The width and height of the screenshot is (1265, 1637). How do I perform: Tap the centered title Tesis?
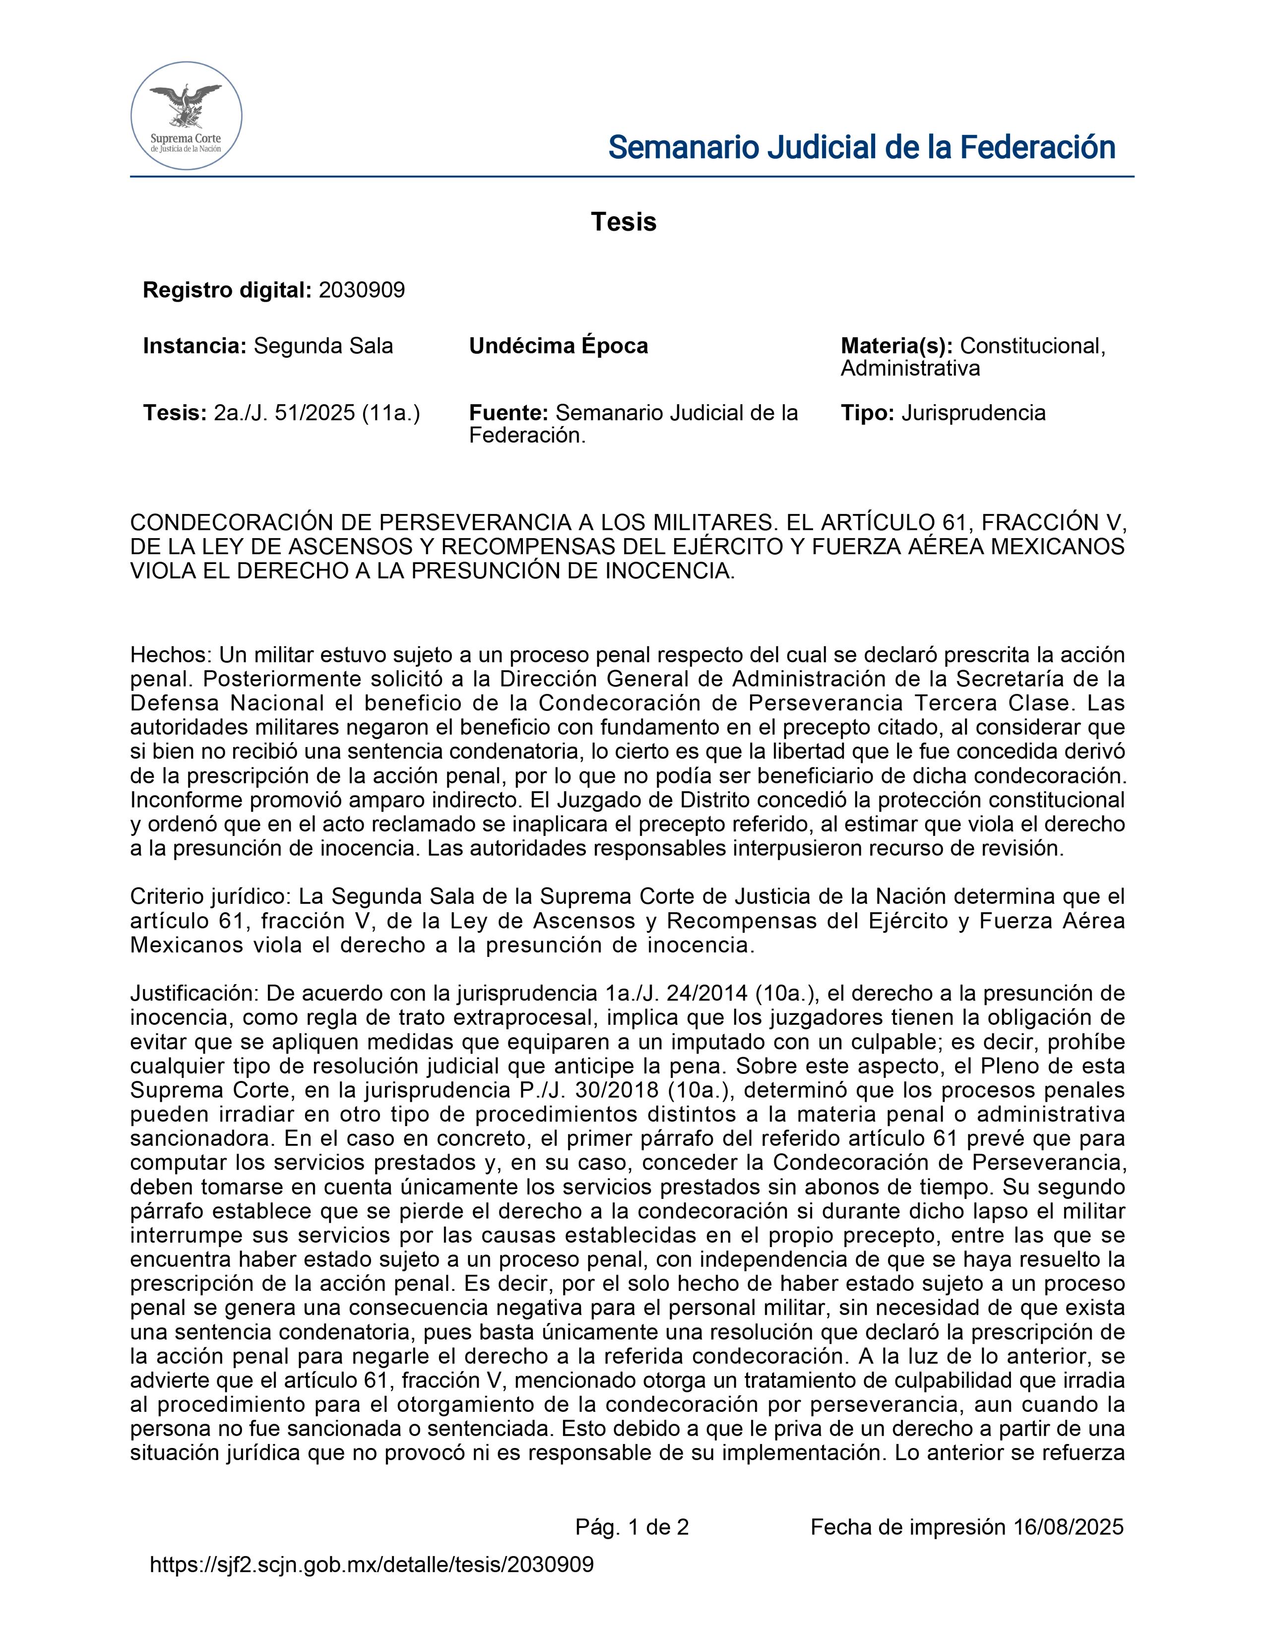click(x=624, y=222)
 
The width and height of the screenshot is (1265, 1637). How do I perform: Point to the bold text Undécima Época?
click(x=558, y=346)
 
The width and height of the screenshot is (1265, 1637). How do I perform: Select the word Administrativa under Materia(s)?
click(x=910, y=369)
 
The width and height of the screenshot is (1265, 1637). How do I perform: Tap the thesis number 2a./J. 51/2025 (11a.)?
click(x=317, y=413)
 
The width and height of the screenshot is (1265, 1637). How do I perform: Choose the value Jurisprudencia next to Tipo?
click(x=973, y=413)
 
